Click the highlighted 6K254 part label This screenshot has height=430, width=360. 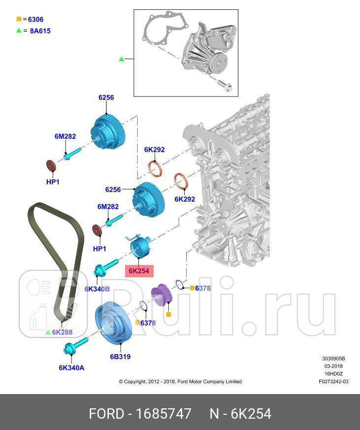(x=139, y=271)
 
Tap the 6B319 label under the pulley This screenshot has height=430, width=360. (x=120, y=357)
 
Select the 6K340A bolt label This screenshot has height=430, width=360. (x=71, y=368)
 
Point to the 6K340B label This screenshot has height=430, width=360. (x=97, y=289)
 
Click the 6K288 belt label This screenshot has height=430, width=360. (x=62, y=332)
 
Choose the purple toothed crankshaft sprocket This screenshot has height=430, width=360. (x=162, y=295)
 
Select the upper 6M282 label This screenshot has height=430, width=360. (x=65, y=136)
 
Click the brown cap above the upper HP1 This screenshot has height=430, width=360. (x=51, y=165)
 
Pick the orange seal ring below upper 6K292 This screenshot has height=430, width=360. (x=155, y=168)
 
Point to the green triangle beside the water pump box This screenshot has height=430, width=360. (x=122, y=59)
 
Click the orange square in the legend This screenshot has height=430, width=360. (x=19, y=19)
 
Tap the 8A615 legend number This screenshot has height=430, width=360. (x=40, y=31)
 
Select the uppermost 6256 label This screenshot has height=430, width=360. (x=106, y=98)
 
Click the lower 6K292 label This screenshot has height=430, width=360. (x=185, y=199)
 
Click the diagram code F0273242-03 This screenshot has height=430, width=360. (x=333, y=381)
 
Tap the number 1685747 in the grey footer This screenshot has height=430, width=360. (x=164, y=414)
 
